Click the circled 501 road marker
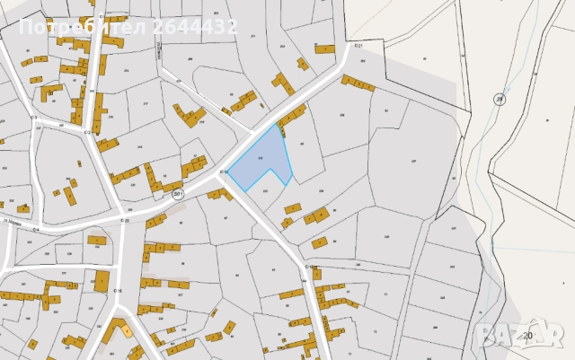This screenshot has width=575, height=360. [x=178, y=194]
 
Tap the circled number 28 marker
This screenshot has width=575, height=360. [x=500, y=99]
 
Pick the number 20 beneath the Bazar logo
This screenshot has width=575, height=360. [x=527, y=336]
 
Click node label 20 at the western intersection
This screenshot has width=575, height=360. [x=124, y=220]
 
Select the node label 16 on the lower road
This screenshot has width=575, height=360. [x=117, y=291]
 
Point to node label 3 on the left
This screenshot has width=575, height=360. [x=33, y=118]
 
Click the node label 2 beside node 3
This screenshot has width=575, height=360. [x=88, y=130]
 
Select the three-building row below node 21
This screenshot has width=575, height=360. [x=358, y=83]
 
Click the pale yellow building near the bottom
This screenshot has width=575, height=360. [x=127, y=329]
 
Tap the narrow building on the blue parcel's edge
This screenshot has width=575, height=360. [x=282, y=132]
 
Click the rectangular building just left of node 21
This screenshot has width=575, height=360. [x=324, y=49]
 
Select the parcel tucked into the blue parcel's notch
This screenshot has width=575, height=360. [x=264, y=189]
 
